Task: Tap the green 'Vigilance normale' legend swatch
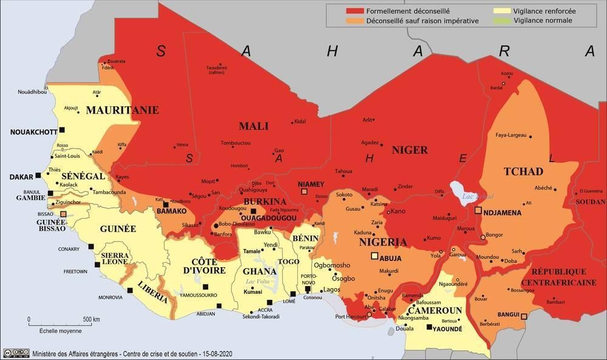point(503,21)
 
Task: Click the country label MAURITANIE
point(122,110)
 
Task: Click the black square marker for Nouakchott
point(62,130)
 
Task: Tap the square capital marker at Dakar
point(38,175)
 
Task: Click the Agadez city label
point(370,143)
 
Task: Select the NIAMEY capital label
point(310,184)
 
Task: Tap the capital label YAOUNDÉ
point(448,328)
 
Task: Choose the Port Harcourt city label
point(349,316)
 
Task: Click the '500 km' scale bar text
point(91,319)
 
